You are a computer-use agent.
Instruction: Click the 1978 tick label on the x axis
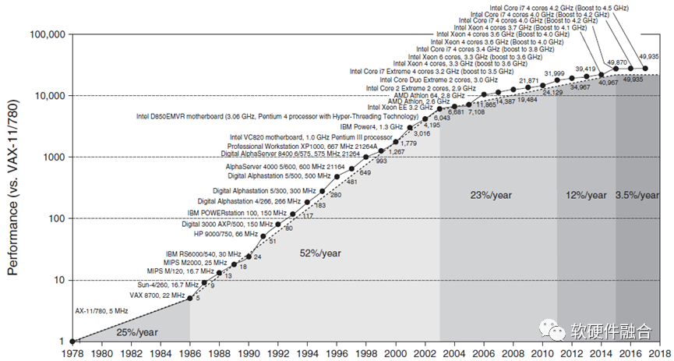pos(72,352)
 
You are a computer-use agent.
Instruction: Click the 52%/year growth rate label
pos(320,253)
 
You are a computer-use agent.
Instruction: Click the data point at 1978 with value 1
pos(72,342)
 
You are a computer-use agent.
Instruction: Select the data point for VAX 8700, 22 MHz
pos(189,298)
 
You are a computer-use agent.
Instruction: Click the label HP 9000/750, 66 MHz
pos(226,234)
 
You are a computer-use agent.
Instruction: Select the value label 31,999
pos(554,73)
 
